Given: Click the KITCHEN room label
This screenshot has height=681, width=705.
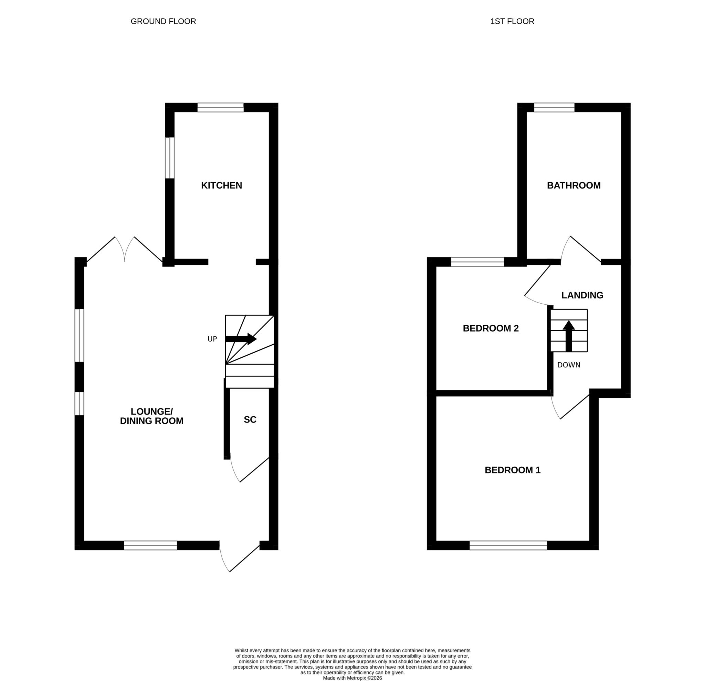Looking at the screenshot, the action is pos(221,185).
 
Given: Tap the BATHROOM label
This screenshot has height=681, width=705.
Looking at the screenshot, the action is pos(574,185).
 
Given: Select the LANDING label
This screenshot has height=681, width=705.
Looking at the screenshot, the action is pos(582,295).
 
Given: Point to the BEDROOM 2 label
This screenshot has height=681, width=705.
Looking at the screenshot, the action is pos(491,328).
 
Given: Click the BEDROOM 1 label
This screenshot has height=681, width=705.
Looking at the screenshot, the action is pos(513,470).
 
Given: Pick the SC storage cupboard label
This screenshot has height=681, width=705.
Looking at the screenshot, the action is pos(250,419).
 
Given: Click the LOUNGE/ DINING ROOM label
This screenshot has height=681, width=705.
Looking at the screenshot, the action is pos(151,416).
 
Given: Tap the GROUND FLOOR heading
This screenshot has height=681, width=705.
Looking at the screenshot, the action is pos(163,21).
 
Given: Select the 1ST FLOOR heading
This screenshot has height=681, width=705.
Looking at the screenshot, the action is pos(512,21).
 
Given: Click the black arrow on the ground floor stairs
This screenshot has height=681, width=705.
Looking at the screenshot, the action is pos(241,339).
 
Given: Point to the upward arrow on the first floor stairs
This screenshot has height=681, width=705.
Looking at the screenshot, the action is pos(569,336).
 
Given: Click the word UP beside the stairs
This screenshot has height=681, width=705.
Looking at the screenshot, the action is pos(212,339).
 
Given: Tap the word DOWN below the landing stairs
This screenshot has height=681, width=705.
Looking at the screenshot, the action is pos(569,365).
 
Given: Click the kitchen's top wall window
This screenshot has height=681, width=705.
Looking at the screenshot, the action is pos(221,107).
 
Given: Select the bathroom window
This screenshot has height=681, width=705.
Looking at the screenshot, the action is pos(554,107).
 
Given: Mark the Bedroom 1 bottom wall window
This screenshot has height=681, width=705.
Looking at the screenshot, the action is pos(508,545).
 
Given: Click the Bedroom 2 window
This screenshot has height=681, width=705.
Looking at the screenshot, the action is pos(477,262).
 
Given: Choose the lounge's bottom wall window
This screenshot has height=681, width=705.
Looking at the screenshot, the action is pos(150,545).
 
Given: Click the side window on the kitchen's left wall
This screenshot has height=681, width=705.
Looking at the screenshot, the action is pos(170,158).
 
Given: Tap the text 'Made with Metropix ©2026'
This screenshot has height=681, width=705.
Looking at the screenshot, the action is pos(352,678).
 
